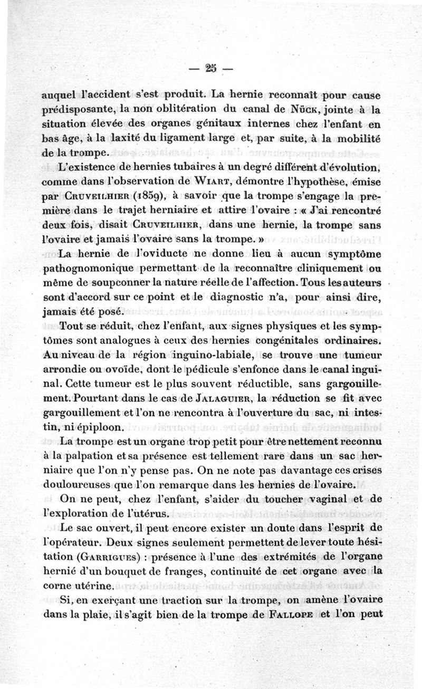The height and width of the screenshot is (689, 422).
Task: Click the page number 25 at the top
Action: [212, 68]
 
